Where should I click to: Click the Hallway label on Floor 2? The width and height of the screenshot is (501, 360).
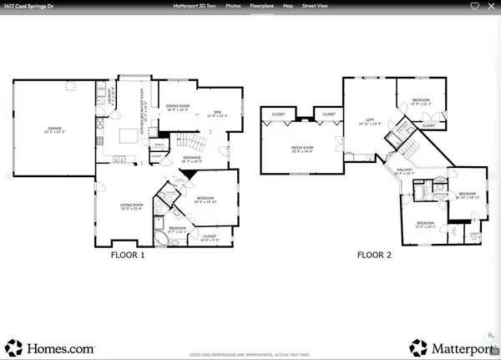[x=405, y=170]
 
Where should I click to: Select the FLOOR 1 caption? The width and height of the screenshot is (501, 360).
[x=128, y=256]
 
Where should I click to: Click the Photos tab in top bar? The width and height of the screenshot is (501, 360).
[x=233, y=6]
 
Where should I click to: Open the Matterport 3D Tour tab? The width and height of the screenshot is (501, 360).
[x=194, y=6]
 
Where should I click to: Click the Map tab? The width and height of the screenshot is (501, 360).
[x=288, y=6]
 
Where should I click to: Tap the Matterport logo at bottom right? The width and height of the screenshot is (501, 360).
[x=451, y=346]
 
